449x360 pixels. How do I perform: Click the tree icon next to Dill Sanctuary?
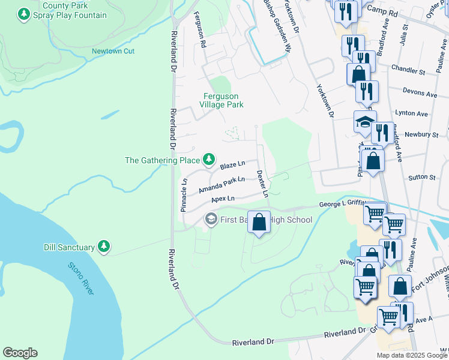point(104,247)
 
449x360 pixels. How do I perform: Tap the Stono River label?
point(80,278)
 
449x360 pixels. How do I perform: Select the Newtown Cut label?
point(113,51)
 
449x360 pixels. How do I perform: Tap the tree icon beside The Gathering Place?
point(209,160)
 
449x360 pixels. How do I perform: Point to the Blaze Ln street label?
point(233,164)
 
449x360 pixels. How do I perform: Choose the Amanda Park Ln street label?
point(221,185)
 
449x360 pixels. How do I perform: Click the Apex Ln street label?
point(222,198)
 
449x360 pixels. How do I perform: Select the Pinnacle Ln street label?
point(184,194)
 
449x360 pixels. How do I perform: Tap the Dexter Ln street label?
point(262,184)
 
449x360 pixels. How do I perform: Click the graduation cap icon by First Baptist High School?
point(211,220)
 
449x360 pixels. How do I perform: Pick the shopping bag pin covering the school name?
point(259,223)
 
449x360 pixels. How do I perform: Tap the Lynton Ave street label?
point(411,113)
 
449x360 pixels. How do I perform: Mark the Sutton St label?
point(422,178)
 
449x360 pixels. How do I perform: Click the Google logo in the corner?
point(20,353)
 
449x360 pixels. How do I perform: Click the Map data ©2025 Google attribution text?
point(412,355)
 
